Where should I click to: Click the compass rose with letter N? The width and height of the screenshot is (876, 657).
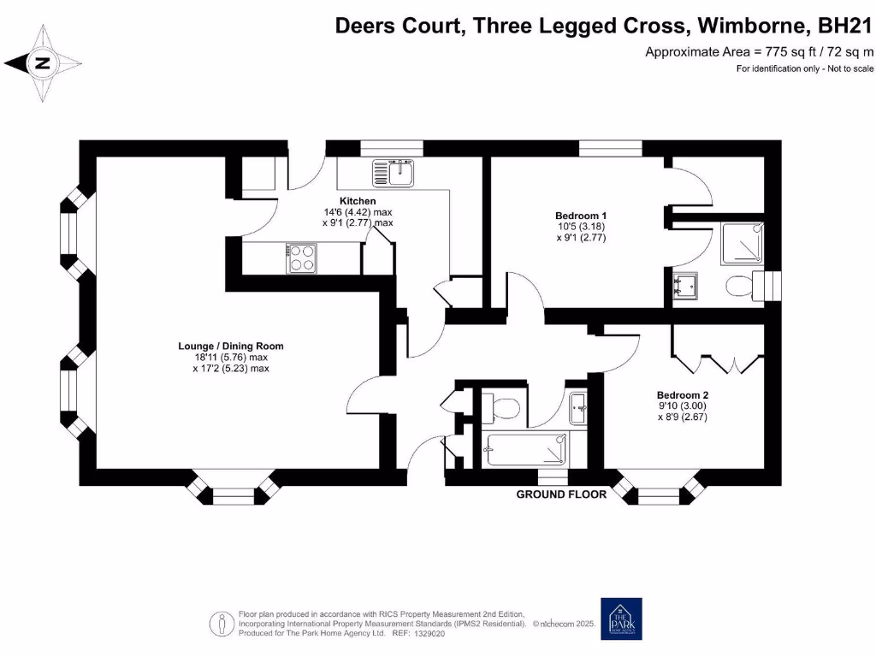click(42, 63)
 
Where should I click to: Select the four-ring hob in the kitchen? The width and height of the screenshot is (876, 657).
click(302, 257)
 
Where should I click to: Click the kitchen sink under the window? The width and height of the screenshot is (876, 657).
click(393, 173)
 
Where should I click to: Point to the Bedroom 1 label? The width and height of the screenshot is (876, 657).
click(581, 216)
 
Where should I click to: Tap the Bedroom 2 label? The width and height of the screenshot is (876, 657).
click(682, 395)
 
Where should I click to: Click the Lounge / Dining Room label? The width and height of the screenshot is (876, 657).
click(230, 346)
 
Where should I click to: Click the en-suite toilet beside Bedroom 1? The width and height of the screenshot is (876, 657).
click(738, 287)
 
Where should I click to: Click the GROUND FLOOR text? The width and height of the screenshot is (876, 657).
click(561, 494)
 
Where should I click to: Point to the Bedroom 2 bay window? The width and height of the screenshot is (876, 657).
click(658, 492)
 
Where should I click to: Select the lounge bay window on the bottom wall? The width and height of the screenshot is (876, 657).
click(234, 492)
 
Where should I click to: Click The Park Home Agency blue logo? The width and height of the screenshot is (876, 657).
click(621, 619)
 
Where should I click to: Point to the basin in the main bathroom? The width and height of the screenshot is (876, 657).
click(578, 405)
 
